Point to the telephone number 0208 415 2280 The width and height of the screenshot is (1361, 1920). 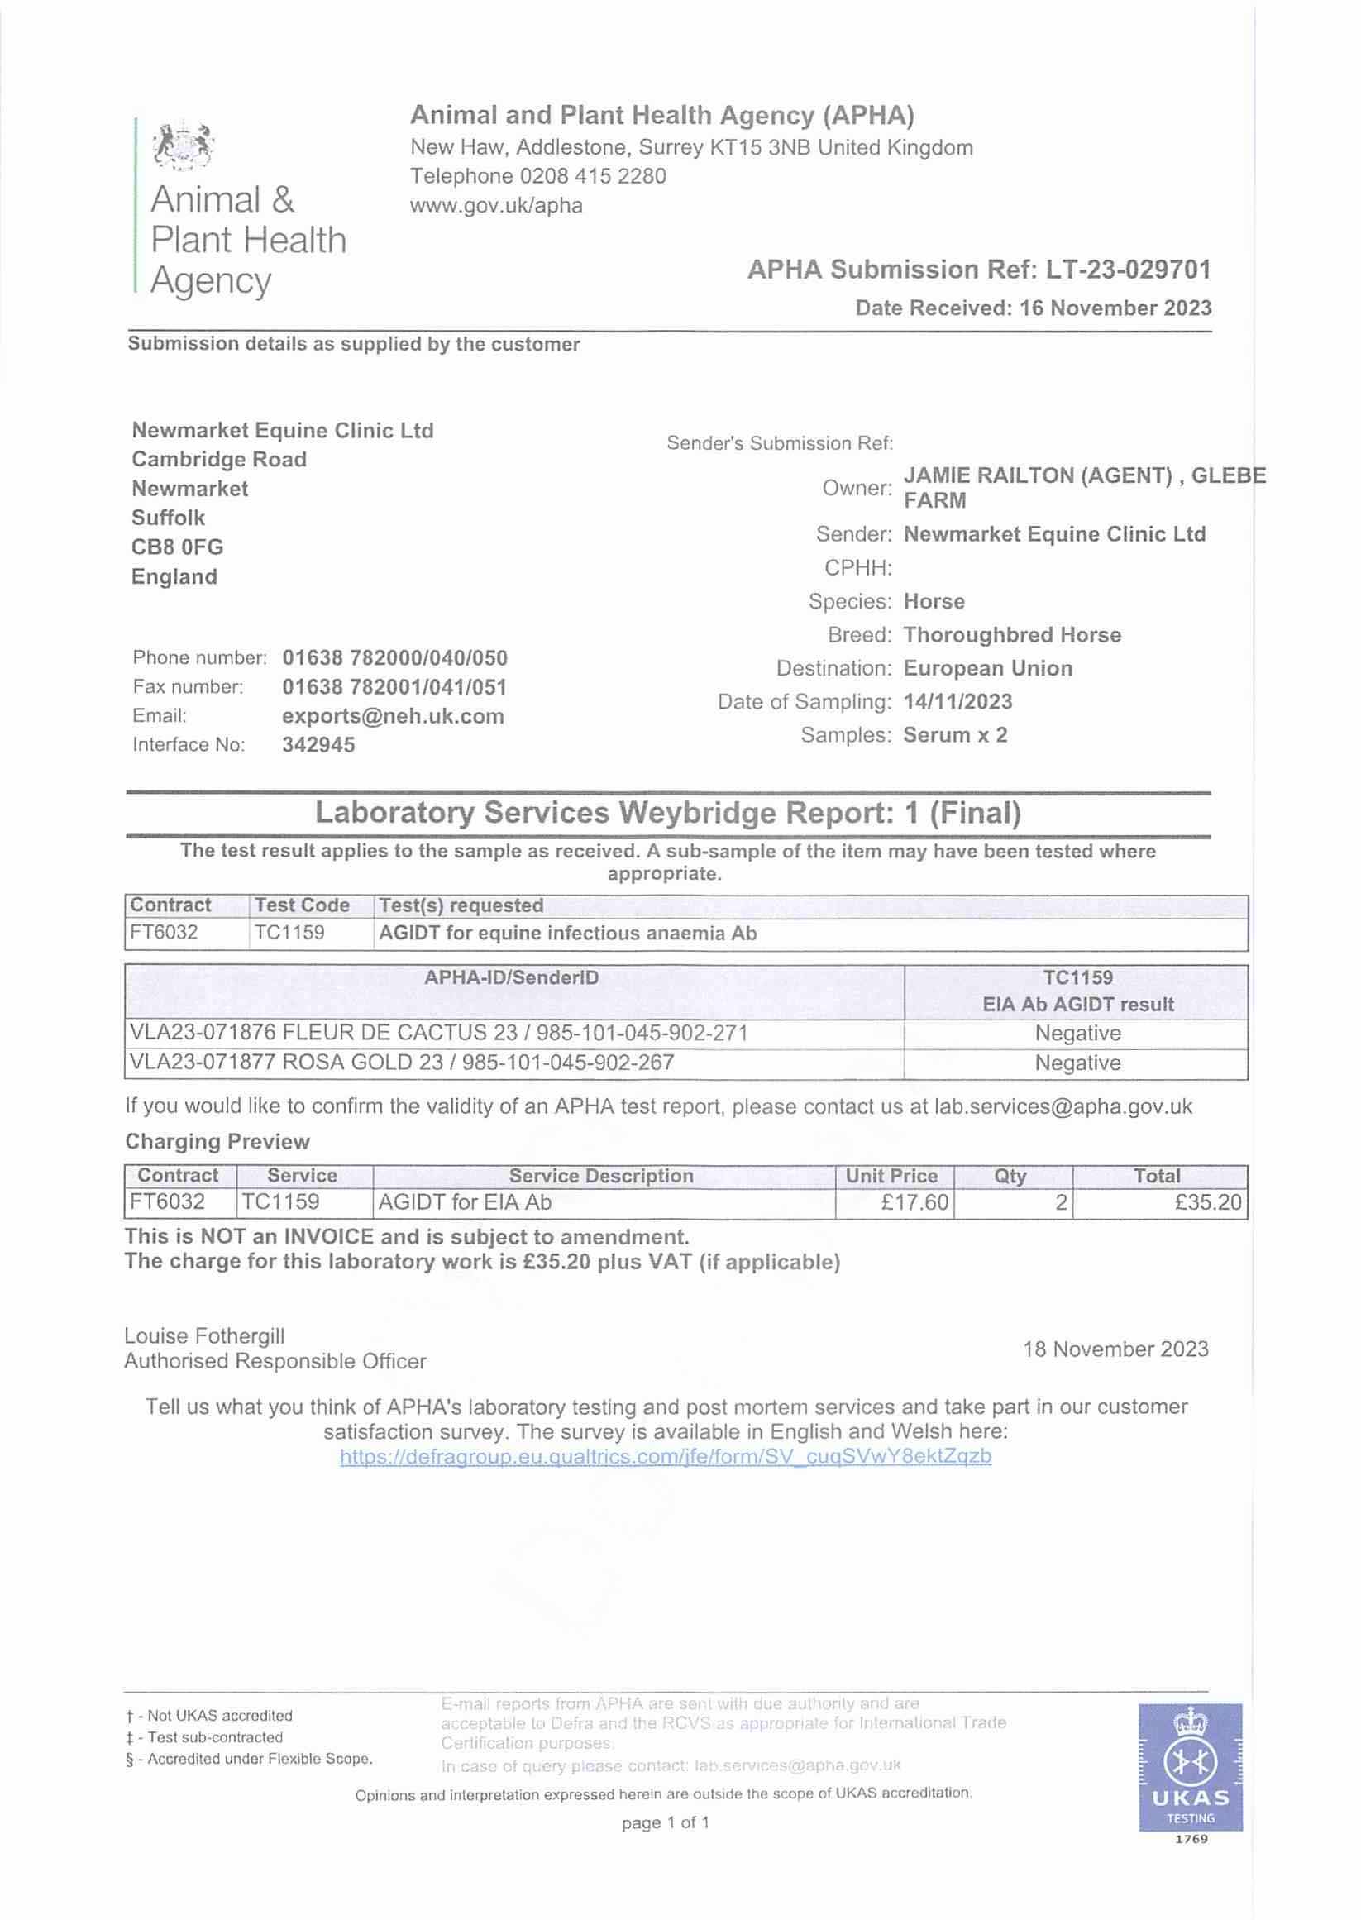593,176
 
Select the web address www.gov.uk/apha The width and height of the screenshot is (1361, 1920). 496,205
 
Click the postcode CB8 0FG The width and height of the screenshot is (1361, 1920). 178,547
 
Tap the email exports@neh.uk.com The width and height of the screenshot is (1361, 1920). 393,716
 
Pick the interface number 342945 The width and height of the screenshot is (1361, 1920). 318,745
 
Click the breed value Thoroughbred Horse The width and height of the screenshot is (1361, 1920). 1011,634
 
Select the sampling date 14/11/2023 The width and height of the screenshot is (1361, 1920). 957,701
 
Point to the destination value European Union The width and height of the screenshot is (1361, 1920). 987,668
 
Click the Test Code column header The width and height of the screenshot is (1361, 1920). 302,905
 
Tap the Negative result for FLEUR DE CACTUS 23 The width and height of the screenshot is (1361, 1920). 1077,1034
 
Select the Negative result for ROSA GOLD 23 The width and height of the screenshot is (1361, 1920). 1077,1063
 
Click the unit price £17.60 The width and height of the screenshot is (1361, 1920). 914,1202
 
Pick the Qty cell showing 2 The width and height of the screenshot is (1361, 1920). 1060,1202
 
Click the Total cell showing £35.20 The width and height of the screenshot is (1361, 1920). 1207,1202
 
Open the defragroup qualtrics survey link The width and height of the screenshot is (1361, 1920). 666,1456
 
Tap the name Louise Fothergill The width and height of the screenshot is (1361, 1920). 204,1336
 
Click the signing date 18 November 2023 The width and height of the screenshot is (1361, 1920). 1115,1349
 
